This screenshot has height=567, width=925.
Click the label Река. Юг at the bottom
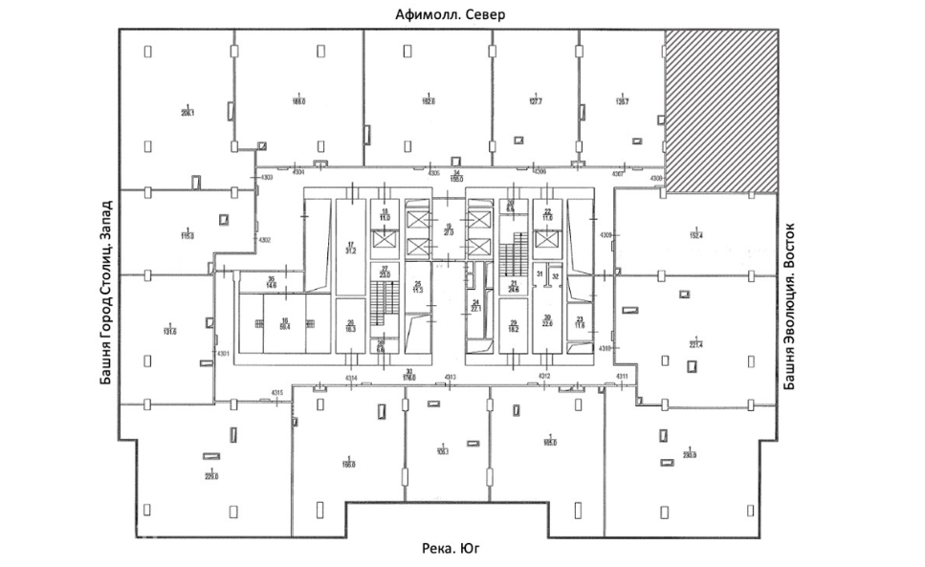click(x=449, y=549)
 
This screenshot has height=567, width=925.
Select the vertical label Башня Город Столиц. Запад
click(x=106, y=291)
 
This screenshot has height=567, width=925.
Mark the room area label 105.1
click(x=442, y=450)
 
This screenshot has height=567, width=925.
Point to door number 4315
click(x=278, y=394)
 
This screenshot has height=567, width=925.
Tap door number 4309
click(x=605, y=235)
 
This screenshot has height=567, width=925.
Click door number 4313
click(x=450, y=377)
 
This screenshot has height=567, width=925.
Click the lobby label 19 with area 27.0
click(x=448, y=229)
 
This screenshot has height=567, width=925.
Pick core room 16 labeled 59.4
click(x=284, y=324)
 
